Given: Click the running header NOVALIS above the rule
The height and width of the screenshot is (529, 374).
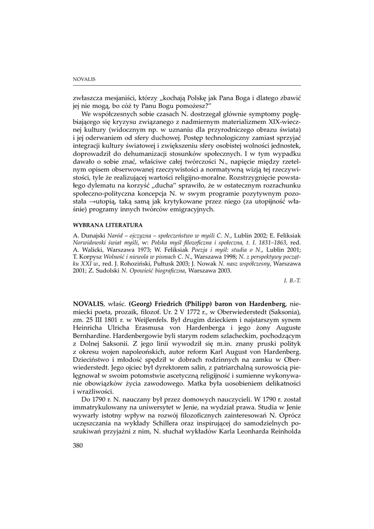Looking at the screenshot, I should point(84,79).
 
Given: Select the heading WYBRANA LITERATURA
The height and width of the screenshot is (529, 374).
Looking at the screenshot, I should point(108,225).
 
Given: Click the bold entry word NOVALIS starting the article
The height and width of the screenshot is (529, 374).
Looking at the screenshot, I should point(89,304).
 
